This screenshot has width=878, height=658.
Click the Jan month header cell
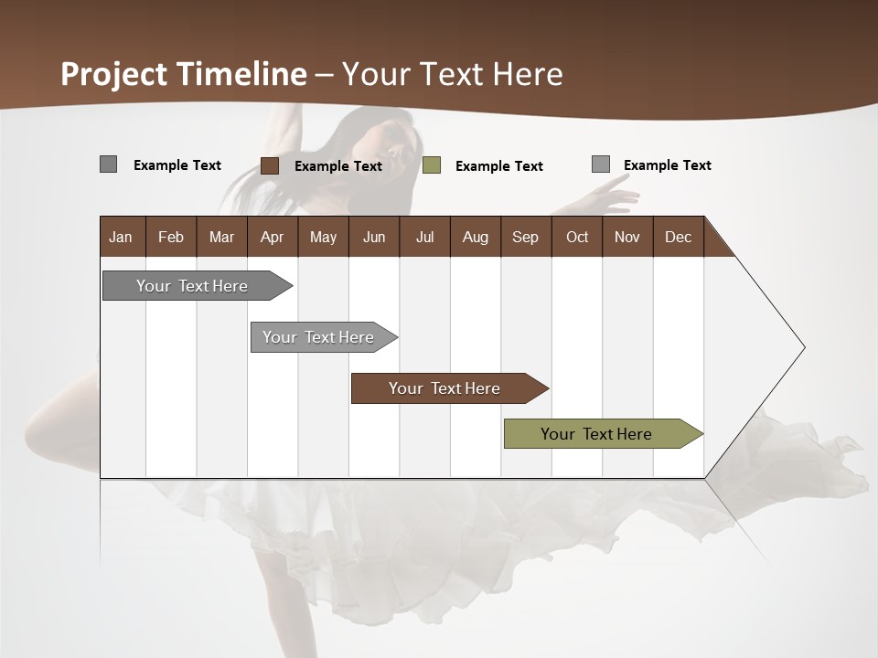point(122,237)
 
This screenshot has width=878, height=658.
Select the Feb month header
point(171,237)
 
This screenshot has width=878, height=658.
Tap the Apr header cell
point(272,237)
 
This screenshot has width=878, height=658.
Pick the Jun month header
point(373,237)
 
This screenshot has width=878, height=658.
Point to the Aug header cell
point(475,237)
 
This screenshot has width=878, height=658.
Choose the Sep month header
point(525,237)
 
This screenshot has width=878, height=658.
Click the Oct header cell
point(576,237)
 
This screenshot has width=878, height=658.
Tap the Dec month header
point(678,237)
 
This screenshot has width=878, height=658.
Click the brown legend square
point(269,165)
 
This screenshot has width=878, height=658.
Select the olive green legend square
point(432,165)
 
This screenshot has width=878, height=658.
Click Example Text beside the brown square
point(337,166)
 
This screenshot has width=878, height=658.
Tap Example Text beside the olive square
point(498,166)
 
